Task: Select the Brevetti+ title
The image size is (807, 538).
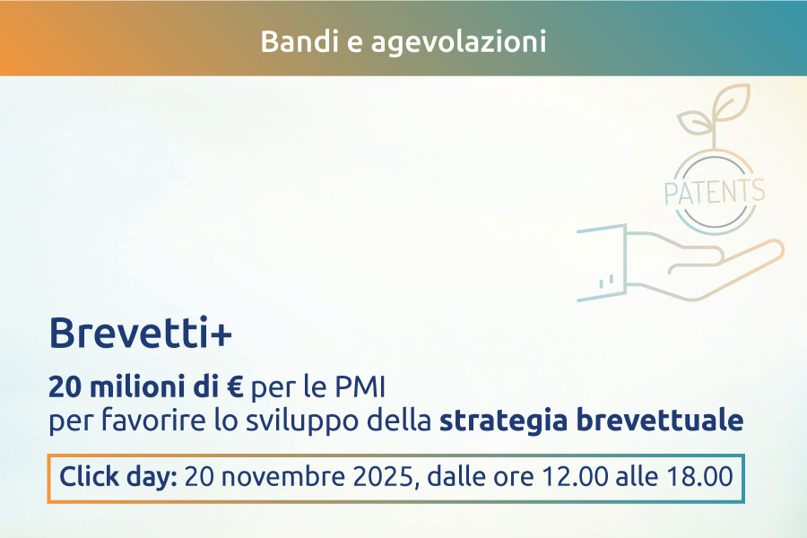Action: click(x=141, y=333)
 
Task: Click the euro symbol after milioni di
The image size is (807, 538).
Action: click(x=235, y=387)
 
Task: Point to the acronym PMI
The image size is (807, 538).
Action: click(x=360, y=387)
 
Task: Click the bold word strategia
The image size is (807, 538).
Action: click(x=503, y=421)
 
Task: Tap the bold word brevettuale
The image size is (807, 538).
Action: click(x=660, y=420)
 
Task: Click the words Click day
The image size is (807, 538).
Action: click(x=118, y=476)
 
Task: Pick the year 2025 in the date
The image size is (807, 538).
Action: click(x=383, y=476)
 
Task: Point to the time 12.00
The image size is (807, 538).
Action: click(x=576, y=476)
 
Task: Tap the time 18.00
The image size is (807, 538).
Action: click(x=700, y=476)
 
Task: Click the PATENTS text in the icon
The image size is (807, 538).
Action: click(x=715, y=192)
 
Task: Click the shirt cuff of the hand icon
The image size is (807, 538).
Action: click(x=603, y=263)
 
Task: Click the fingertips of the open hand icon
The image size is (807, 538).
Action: click(x=769, y=249)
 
